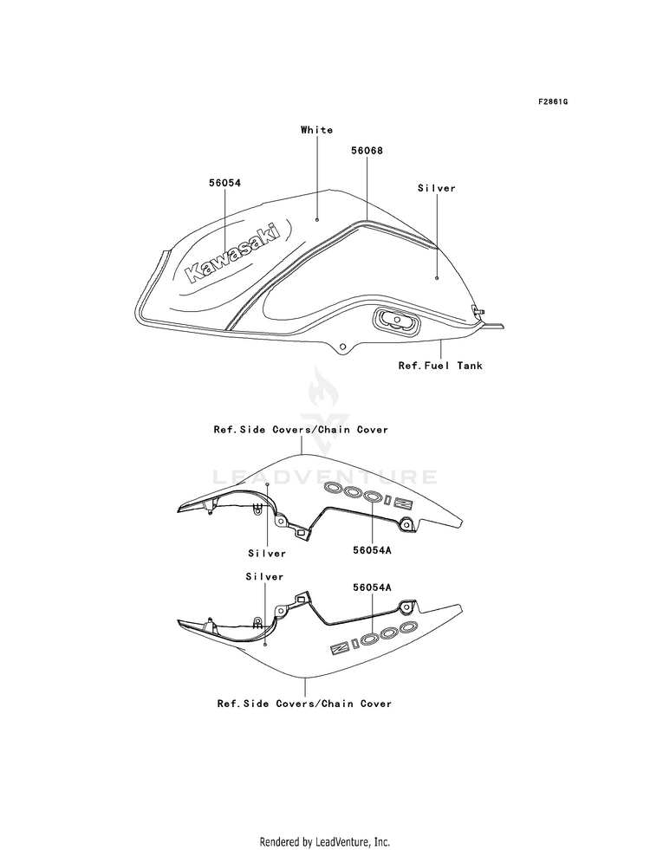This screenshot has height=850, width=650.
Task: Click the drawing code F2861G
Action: point(552,102)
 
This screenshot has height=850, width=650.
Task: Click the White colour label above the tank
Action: point(316,130)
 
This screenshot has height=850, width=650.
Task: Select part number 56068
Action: point(367,151)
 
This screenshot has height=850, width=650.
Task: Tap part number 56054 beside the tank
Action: point(224,183)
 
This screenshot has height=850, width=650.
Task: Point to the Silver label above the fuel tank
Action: point(437,188)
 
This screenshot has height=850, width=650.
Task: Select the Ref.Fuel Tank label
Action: point(440,366)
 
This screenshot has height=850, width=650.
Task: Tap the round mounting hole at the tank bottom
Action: point(342,347)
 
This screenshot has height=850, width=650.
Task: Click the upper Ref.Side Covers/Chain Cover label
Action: point(301,430)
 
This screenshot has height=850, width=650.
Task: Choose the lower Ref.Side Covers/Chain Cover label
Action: point(304,703)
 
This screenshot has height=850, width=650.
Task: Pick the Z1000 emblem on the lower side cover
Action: point(374,638)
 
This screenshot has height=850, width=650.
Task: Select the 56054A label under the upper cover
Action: point(372,550)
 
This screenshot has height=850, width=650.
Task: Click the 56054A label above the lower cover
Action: point(372,587)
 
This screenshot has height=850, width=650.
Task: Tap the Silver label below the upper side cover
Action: point(267,554)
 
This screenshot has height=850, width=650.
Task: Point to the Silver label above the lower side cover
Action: point(264,577)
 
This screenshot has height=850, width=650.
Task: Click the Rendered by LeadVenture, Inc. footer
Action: point(325,841)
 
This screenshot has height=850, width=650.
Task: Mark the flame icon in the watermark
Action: point(324,389)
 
